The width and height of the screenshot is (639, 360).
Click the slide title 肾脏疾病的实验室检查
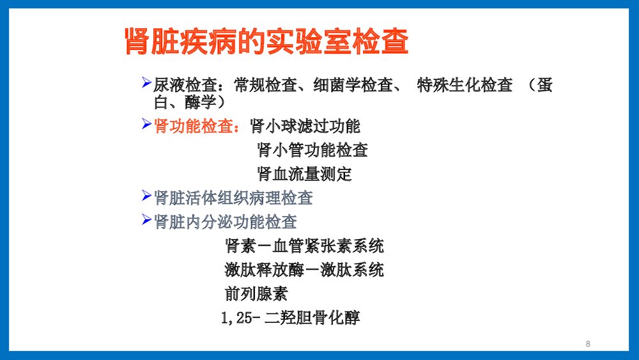[x=266, y=42]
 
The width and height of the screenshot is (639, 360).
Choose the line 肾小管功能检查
[x=312, y=150]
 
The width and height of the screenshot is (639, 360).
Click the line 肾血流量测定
[x=304, y=174]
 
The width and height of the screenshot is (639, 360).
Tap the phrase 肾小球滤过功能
[x=305, y=126]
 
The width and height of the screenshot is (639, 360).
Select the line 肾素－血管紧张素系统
[x=304, y=246]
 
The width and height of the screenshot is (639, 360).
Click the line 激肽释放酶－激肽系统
[x=304, y=270]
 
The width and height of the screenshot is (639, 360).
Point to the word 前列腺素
[x=256, y=293]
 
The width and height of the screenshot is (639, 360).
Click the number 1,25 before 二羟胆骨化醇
[x=238, y=318]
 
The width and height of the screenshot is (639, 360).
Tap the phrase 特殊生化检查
[x=465, y=86]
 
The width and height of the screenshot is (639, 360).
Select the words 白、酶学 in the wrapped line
[x=185, y=101]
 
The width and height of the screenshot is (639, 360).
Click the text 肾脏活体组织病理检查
[x=233, y=198]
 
